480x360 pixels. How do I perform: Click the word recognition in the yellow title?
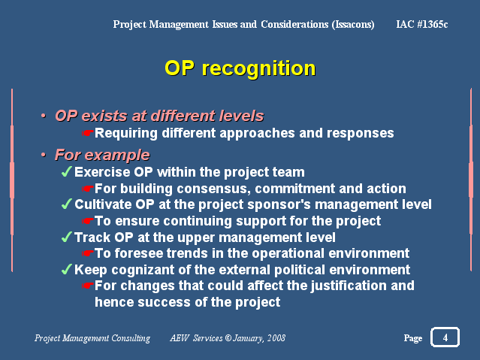[x=258, y=69]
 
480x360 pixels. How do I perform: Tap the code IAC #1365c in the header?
[x=422, y=24]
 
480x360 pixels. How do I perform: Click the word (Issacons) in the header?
[x=353, y=25]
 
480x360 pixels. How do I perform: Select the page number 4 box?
[x=445, y=337]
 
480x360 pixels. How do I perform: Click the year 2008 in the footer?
[x=276, y=338]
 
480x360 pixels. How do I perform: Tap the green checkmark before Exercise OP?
[x=66, y=171]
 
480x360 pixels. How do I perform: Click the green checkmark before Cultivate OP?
[x=66, y=204]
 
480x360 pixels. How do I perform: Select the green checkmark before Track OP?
[x=66, y=237]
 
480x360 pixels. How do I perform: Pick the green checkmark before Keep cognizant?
[x=66, y=269]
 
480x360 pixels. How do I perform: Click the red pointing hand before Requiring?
[x=88, y=133]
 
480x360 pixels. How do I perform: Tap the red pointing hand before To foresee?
[x=88, y=253]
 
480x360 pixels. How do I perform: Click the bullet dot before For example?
[x=44, y=155]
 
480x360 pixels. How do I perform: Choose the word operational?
[x=288, y=254]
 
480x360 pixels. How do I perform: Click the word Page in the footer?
[x=413, y=338]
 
